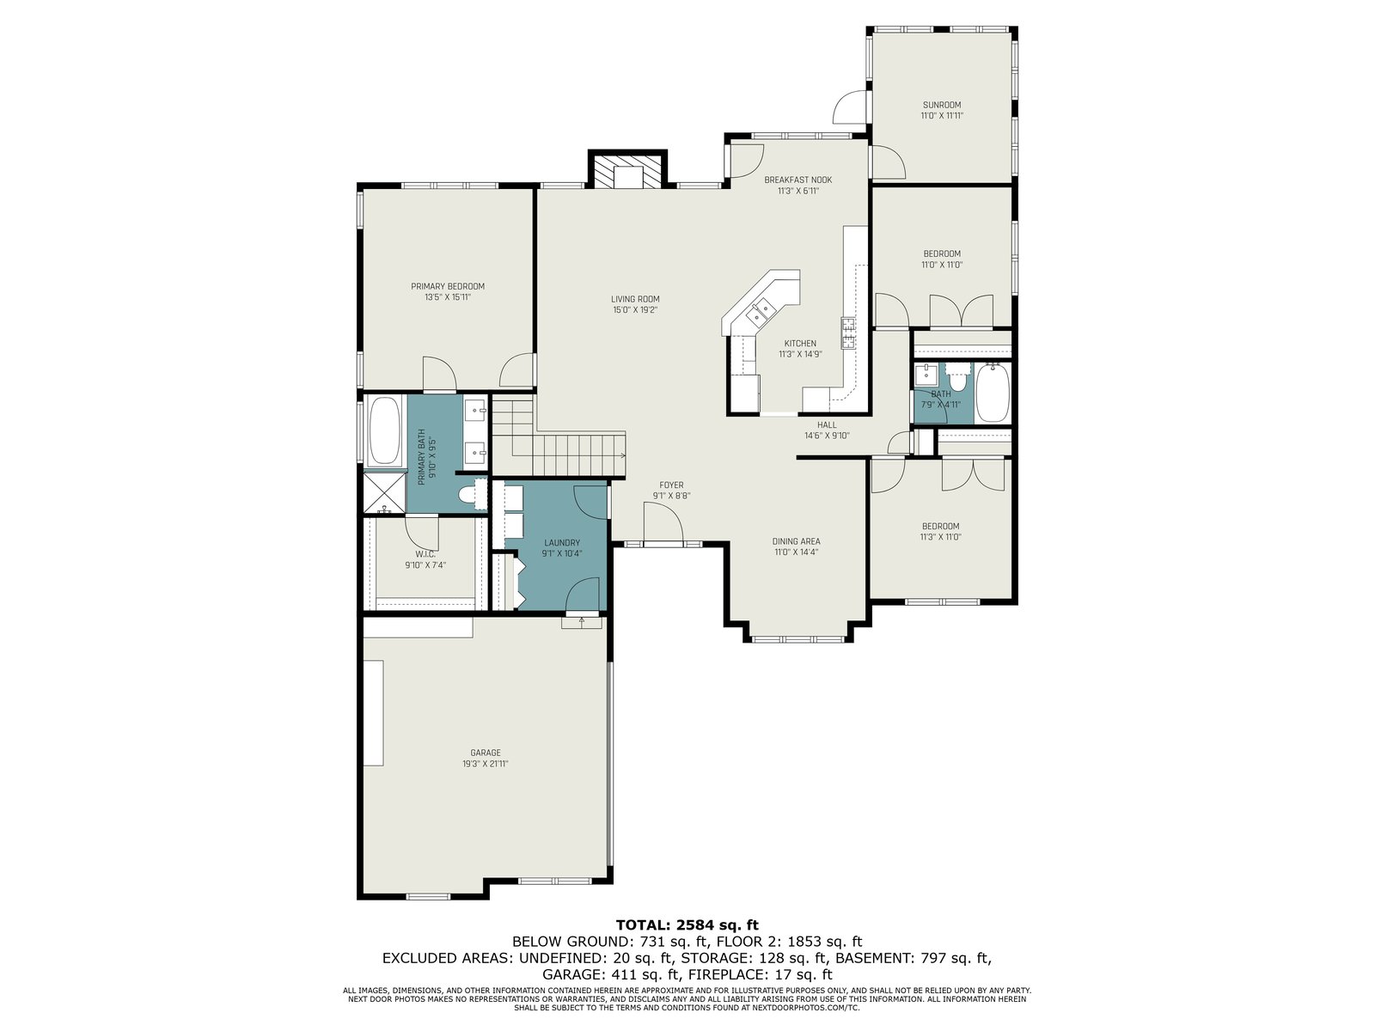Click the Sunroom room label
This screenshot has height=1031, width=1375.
pyautogui.click(x=941, y=105)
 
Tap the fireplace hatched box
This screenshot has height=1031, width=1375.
pyautogui.click(x=627, y=171)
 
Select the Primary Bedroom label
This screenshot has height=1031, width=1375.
pyautogui.click(x=447, y=287)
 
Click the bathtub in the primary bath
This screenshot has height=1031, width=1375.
pyautogui.click(x=385, y=431)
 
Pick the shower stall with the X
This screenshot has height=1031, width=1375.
pyautogui.click(x=385, y=493)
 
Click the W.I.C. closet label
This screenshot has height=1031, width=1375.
pyautogui.click(x=425, y=555)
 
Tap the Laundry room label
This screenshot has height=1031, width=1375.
pyautogui.click(x=562, y=543)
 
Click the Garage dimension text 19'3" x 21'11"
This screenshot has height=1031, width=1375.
pyautogui.click(x=486, y=764)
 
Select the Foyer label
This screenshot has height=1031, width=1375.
pyautogui.click(x=671, y=485)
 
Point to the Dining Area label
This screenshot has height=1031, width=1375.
pyautogui.click(x=796, y=541)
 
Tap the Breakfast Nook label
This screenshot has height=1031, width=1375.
pyautogui.click(x=798, y=180)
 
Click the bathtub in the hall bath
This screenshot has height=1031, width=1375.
pyautogui.click(x=993, y=393)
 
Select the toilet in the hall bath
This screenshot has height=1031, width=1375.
pyautogui.click(x=958, y=376)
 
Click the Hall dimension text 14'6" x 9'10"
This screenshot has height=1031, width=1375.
pyautogui.click(x=827, y=436)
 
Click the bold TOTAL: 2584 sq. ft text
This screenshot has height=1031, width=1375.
pyautogui.click(x=687, y=924)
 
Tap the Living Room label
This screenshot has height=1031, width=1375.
pyautogui.click(x=635, y=299)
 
